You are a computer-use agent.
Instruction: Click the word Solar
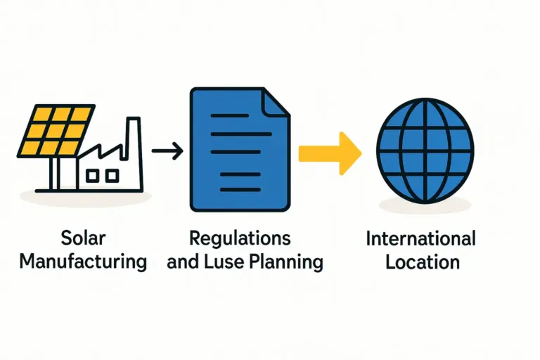coord(82,238)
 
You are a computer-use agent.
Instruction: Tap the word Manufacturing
coord(83,262)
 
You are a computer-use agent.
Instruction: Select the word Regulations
coord(240,238)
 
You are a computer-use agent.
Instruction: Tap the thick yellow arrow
coord(330,151)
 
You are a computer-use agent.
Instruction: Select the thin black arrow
coord(168,150)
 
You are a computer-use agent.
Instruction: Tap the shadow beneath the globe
coord(425,205)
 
